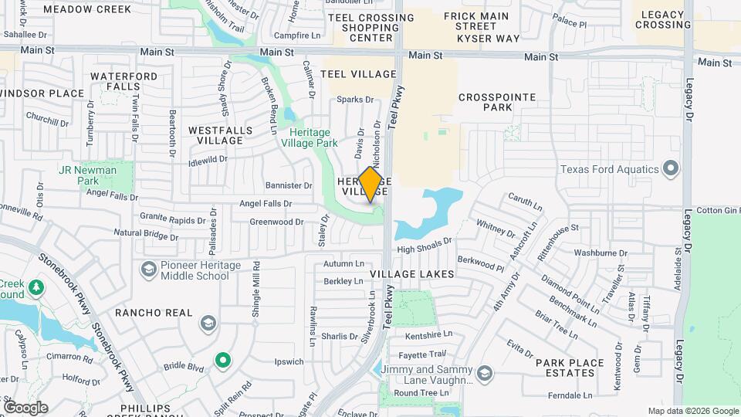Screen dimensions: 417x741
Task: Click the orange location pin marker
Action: (370, 185)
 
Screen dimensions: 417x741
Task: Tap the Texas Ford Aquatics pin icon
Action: (671, 168)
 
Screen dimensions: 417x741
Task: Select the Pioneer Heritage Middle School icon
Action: (148, 270)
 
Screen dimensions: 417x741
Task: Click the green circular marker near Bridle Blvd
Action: (223, 360)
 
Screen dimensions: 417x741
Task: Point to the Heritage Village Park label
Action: (309, 138)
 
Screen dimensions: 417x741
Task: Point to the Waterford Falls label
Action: (123, 82)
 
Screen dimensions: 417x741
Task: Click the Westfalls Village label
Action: (220, 135)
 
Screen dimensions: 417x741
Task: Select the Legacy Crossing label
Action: (663, 20)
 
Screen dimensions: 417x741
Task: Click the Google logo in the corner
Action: (25, 408)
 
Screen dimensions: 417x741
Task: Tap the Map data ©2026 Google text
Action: (692, 411)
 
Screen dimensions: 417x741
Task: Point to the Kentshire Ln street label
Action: (428, 335)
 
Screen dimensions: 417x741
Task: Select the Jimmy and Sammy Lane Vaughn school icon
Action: (484, 375)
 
